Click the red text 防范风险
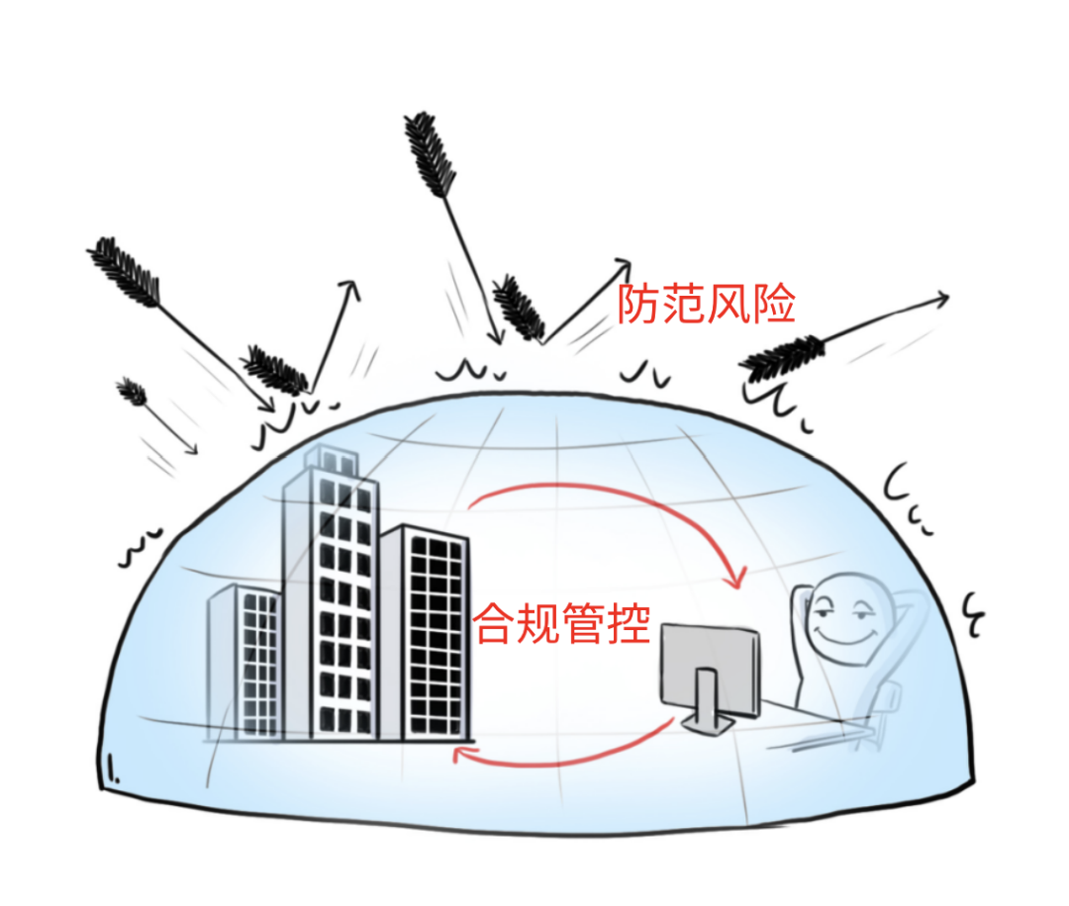click(x=706, y=304)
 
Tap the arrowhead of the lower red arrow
click(x=461, y=756)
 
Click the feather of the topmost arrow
click(x=430, y=154)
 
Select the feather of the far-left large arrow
click(x=126, y=270)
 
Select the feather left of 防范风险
click(x=519, y=307)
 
